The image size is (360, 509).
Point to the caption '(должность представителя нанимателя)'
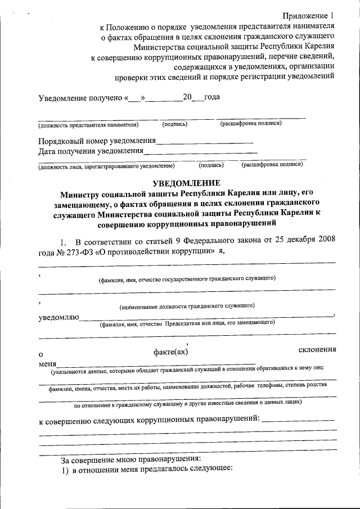[88, 124]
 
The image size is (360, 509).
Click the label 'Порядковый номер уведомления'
[97, 141]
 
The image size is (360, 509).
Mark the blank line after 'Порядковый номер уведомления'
[204, 143]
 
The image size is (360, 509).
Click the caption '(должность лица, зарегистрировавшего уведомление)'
[106, 166]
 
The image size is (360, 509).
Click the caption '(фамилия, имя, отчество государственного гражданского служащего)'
[186, 278]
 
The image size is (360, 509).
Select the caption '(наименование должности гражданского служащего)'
[187, 306]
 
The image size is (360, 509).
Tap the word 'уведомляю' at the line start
[58, 319]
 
